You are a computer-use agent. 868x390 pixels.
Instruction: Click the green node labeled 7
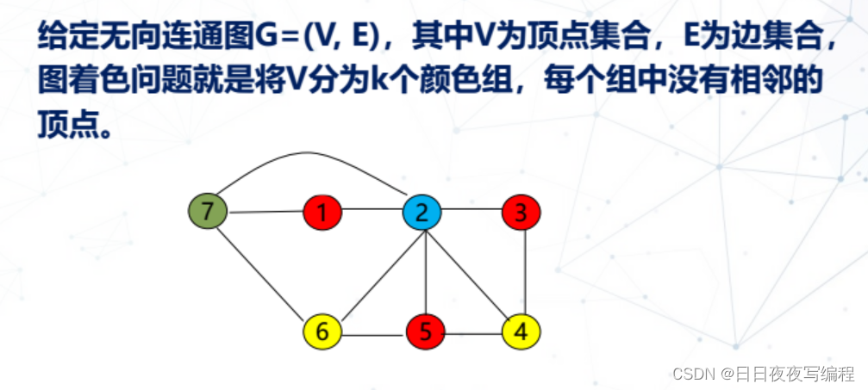tap(207, 210)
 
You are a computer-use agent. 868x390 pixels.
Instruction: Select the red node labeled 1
tap(322, 212)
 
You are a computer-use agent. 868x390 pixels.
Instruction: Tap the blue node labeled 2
tap(422, 211)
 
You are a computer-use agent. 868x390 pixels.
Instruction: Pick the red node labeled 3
tap(521, 211)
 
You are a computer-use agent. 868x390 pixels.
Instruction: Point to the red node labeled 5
tap(426, 330)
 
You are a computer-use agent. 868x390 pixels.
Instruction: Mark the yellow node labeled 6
tap(322, 331)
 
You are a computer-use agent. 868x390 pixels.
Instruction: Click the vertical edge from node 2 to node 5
tap(423, 270)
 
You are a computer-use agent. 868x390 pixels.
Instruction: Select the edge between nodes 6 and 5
tap(374, 331)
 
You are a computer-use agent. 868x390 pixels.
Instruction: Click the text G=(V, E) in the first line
tap(318, 37)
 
